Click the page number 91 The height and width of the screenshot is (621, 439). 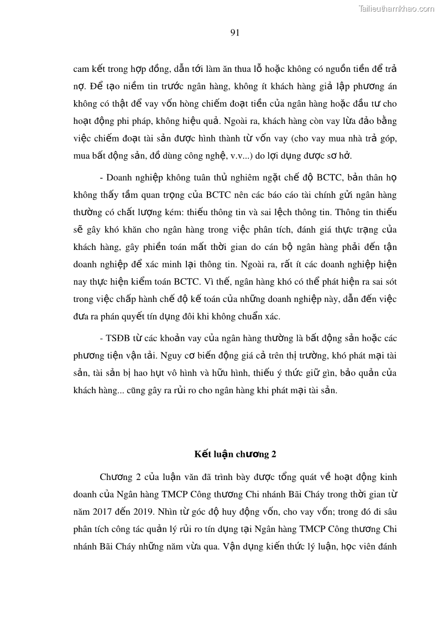(234, 33)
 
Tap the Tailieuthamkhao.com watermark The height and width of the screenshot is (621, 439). (396, 8)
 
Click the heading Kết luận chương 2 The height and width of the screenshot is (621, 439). (235, 455)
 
